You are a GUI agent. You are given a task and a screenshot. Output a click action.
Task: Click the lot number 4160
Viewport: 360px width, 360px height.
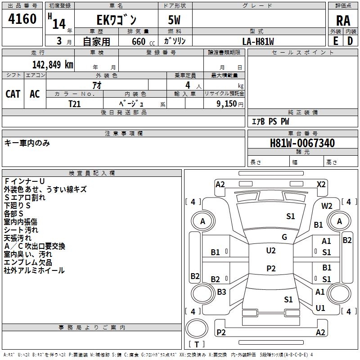coord(22,19)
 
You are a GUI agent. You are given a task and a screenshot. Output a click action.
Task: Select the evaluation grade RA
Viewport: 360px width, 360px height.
coord(343,21)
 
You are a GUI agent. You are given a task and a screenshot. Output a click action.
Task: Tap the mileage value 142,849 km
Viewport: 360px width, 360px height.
coord(53,64)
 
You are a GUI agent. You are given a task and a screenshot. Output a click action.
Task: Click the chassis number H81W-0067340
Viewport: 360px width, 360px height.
coord(302,143)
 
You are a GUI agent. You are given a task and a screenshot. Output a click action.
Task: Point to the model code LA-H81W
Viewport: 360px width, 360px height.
coord(258,41)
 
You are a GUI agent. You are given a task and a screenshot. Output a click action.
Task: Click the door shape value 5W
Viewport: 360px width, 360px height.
coord(174,20)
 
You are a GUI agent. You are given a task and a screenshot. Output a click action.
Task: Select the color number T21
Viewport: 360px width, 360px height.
coord(75,104)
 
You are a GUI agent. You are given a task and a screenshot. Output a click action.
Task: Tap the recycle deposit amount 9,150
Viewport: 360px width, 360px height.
coord(227,103)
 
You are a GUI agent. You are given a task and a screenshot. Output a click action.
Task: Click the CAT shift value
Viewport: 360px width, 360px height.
coord(13,94)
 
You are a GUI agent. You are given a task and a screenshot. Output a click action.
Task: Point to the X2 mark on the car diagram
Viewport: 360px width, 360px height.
coord(321,184)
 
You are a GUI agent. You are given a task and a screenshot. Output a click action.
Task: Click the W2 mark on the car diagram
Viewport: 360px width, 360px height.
coord(327,206)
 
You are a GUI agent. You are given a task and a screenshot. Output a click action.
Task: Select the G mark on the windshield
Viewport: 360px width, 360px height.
coord(284,237)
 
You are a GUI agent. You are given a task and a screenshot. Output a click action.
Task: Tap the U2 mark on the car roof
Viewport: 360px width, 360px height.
coord(271,251)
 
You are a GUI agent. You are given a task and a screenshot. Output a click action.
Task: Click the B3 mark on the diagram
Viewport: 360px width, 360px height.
coord(221,292)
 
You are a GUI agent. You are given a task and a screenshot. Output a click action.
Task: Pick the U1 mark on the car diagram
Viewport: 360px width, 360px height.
coord(320,308)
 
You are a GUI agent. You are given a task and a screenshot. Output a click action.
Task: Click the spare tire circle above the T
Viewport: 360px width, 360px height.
coord(197,328)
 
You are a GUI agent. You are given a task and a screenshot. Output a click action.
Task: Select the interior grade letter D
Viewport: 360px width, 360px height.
coord(350,41)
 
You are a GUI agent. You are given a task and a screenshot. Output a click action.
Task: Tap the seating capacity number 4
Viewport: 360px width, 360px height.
coord(188,85)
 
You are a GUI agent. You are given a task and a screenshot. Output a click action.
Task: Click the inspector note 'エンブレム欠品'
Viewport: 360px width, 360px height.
coord(28,262)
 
